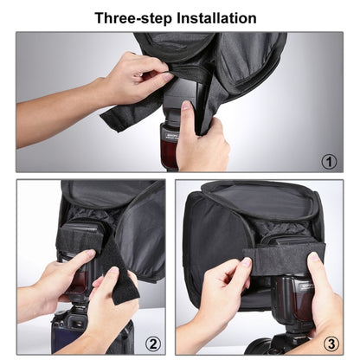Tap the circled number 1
[328, 161]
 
